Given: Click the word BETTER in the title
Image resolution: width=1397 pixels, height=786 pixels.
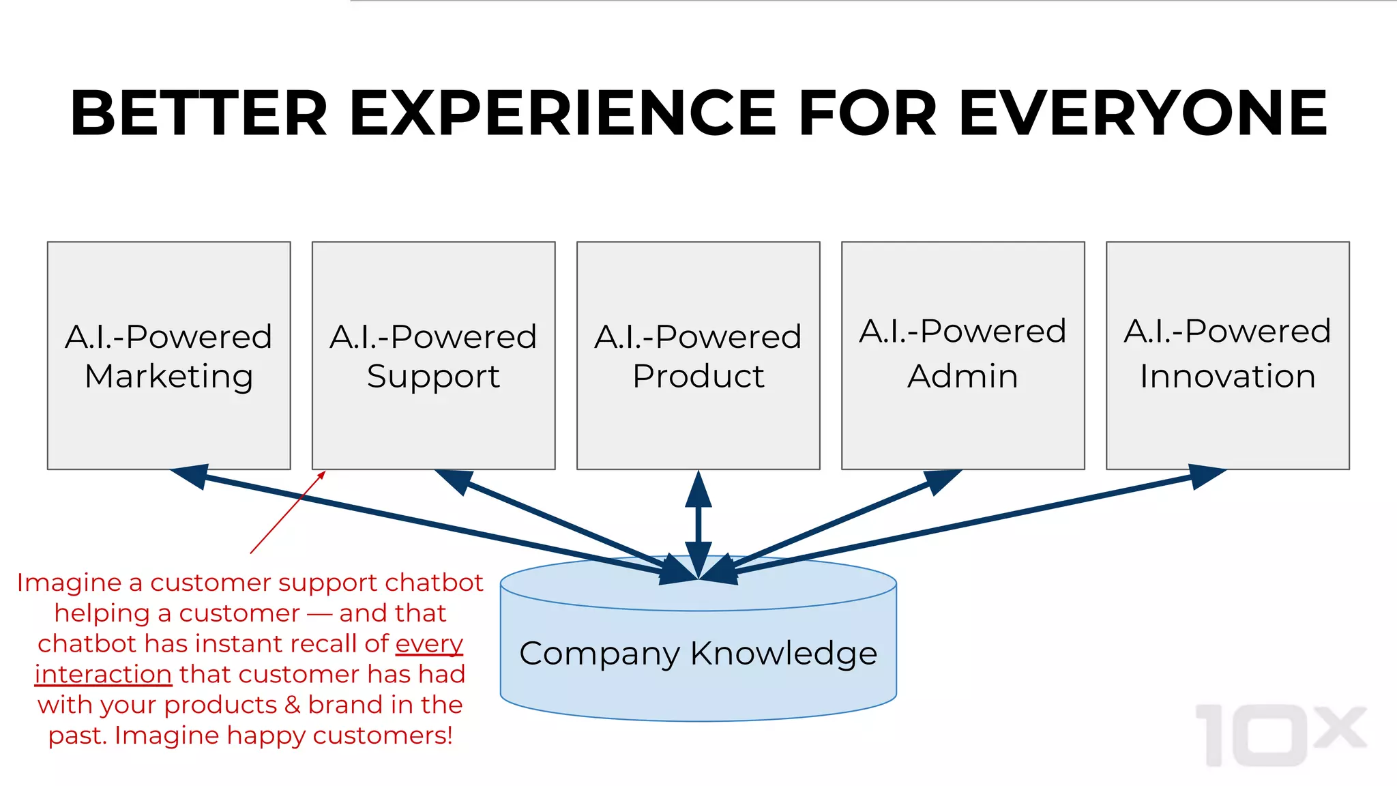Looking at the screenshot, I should click(x=198, y=113).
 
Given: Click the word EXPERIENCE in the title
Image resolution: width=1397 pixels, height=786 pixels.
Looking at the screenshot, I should click(x=563, y=113).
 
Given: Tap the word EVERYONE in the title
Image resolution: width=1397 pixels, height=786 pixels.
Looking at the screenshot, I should click(x=1143, y=113).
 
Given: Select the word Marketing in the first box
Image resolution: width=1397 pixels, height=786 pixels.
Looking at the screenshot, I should click(x=168, y=377).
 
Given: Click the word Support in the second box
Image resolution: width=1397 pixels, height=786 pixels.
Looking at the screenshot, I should click(x=433, y=377).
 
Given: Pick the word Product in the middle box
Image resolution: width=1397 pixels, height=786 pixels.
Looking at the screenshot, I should click(x=698, y=377).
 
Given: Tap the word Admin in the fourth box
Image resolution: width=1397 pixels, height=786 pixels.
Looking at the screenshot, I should click(x=962, y=377).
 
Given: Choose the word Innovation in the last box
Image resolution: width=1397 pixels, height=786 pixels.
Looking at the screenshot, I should click(x=1227, y=377).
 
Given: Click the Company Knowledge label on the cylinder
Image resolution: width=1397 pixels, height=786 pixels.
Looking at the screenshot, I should click(x=698, y=653).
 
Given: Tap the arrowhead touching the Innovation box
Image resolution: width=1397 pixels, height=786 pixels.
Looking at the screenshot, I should click(x=1206, y=476).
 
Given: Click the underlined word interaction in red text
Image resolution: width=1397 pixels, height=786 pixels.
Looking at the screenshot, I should click(x=103, y=674).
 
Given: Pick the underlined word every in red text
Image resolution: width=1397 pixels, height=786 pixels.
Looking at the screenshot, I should click(x=429, y=643).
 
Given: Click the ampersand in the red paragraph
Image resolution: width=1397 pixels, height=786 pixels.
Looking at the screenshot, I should click(x=293, y=705).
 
